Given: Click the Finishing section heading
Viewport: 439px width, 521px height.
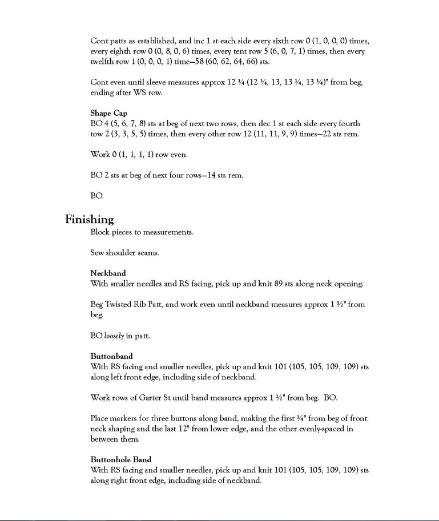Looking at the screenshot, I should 89,219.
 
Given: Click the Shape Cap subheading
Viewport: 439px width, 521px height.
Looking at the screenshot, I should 108,113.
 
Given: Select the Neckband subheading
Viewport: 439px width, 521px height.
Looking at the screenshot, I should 108,273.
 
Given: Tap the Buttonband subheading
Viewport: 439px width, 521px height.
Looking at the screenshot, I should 111,356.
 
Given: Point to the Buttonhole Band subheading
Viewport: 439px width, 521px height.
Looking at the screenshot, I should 120,459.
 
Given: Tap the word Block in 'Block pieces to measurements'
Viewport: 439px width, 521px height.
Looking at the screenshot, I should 100,232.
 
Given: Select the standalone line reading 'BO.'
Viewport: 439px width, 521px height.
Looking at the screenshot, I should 96,196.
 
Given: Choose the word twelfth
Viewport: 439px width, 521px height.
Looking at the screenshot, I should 104,62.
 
